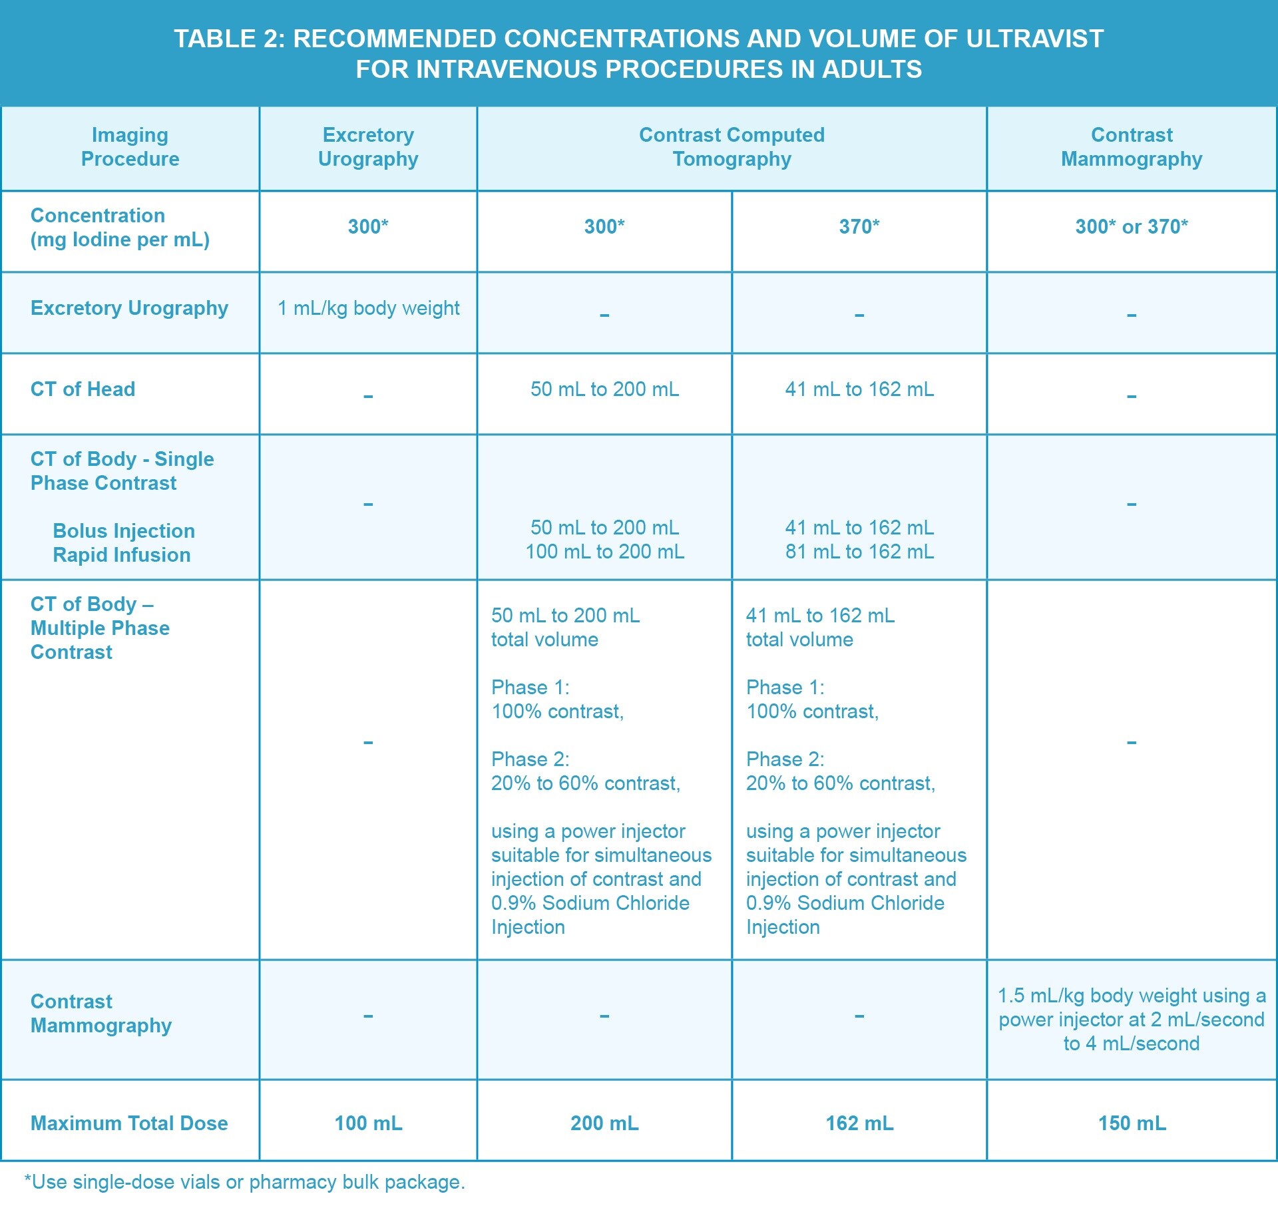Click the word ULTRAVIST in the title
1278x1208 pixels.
click(1034, 39)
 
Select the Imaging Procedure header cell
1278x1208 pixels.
click(130, 147)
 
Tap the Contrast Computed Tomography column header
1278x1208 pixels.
click(732, 147)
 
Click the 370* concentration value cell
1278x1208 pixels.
click(859, 227)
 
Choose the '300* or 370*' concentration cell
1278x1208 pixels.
click(1131, 227)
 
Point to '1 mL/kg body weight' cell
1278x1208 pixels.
click(368, 308)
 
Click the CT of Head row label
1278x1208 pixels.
click(83, 389)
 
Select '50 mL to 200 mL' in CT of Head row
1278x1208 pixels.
click(604, 389)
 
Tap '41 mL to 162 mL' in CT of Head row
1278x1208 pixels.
click(859, 389)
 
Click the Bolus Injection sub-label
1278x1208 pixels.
click(124, 531)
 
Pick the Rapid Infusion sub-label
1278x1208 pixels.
click(122, 555)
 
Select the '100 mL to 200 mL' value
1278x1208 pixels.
click(604, 552)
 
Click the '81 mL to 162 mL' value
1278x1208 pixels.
click(859, 552)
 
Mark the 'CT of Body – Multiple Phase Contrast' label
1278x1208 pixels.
click(100, 628)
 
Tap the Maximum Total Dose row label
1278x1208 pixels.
click(129, 1123)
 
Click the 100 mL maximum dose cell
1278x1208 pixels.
click(368, 1123)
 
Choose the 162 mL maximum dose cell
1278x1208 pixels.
click(859, 1123)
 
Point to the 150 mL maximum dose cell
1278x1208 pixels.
click(1132, 1123)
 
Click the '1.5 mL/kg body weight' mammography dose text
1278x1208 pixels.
click(1132, 1019)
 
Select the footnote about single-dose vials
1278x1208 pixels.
click(244, 1182)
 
